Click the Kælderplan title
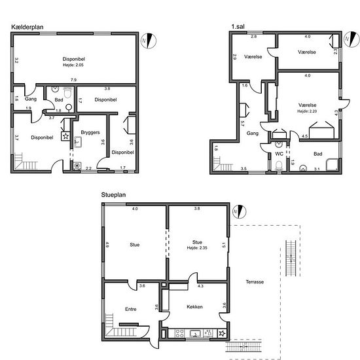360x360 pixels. point(27,27)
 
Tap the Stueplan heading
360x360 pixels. point(113,195)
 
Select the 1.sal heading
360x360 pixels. point(238,27)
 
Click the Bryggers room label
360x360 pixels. point(90,132)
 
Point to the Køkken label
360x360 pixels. point(194,307)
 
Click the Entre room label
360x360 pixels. point(131,309)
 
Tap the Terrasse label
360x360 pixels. point(255,281)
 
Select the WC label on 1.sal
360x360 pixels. point(279,154)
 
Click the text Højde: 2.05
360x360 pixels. point(73,65)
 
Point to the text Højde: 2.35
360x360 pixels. point(197,247)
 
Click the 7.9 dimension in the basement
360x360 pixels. point(73,80)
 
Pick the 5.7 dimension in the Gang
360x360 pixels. point(242,124)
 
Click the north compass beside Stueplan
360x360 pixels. point(239,211)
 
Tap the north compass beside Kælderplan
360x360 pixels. point(149,41)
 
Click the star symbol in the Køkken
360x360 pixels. point(222,333)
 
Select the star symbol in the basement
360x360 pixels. point(65,136)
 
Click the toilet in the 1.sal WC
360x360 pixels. point(279,166)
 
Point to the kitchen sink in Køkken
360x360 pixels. point(195,333)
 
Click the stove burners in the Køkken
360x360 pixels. point(179,333)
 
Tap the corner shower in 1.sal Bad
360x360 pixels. point(333,164)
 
